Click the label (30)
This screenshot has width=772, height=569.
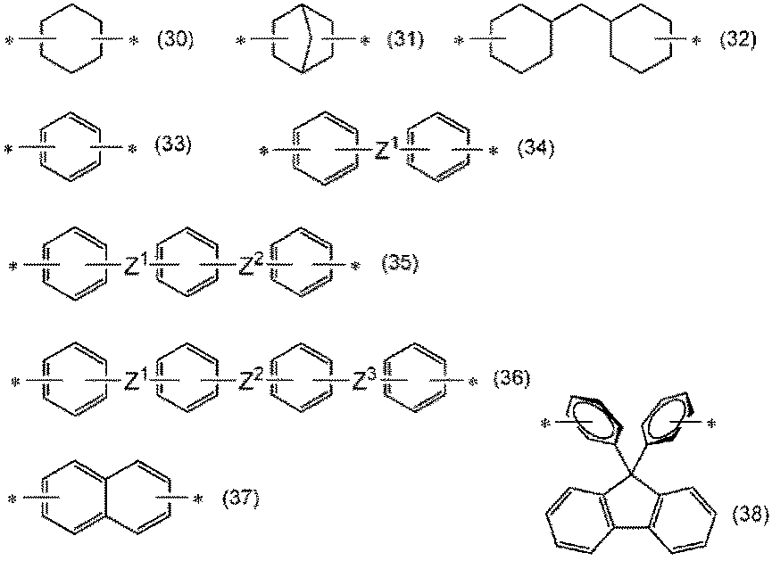point(175,40)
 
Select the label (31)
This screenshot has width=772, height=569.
point(406,40)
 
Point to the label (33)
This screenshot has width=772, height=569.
point(175,145)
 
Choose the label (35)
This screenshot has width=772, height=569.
point(399,264)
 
